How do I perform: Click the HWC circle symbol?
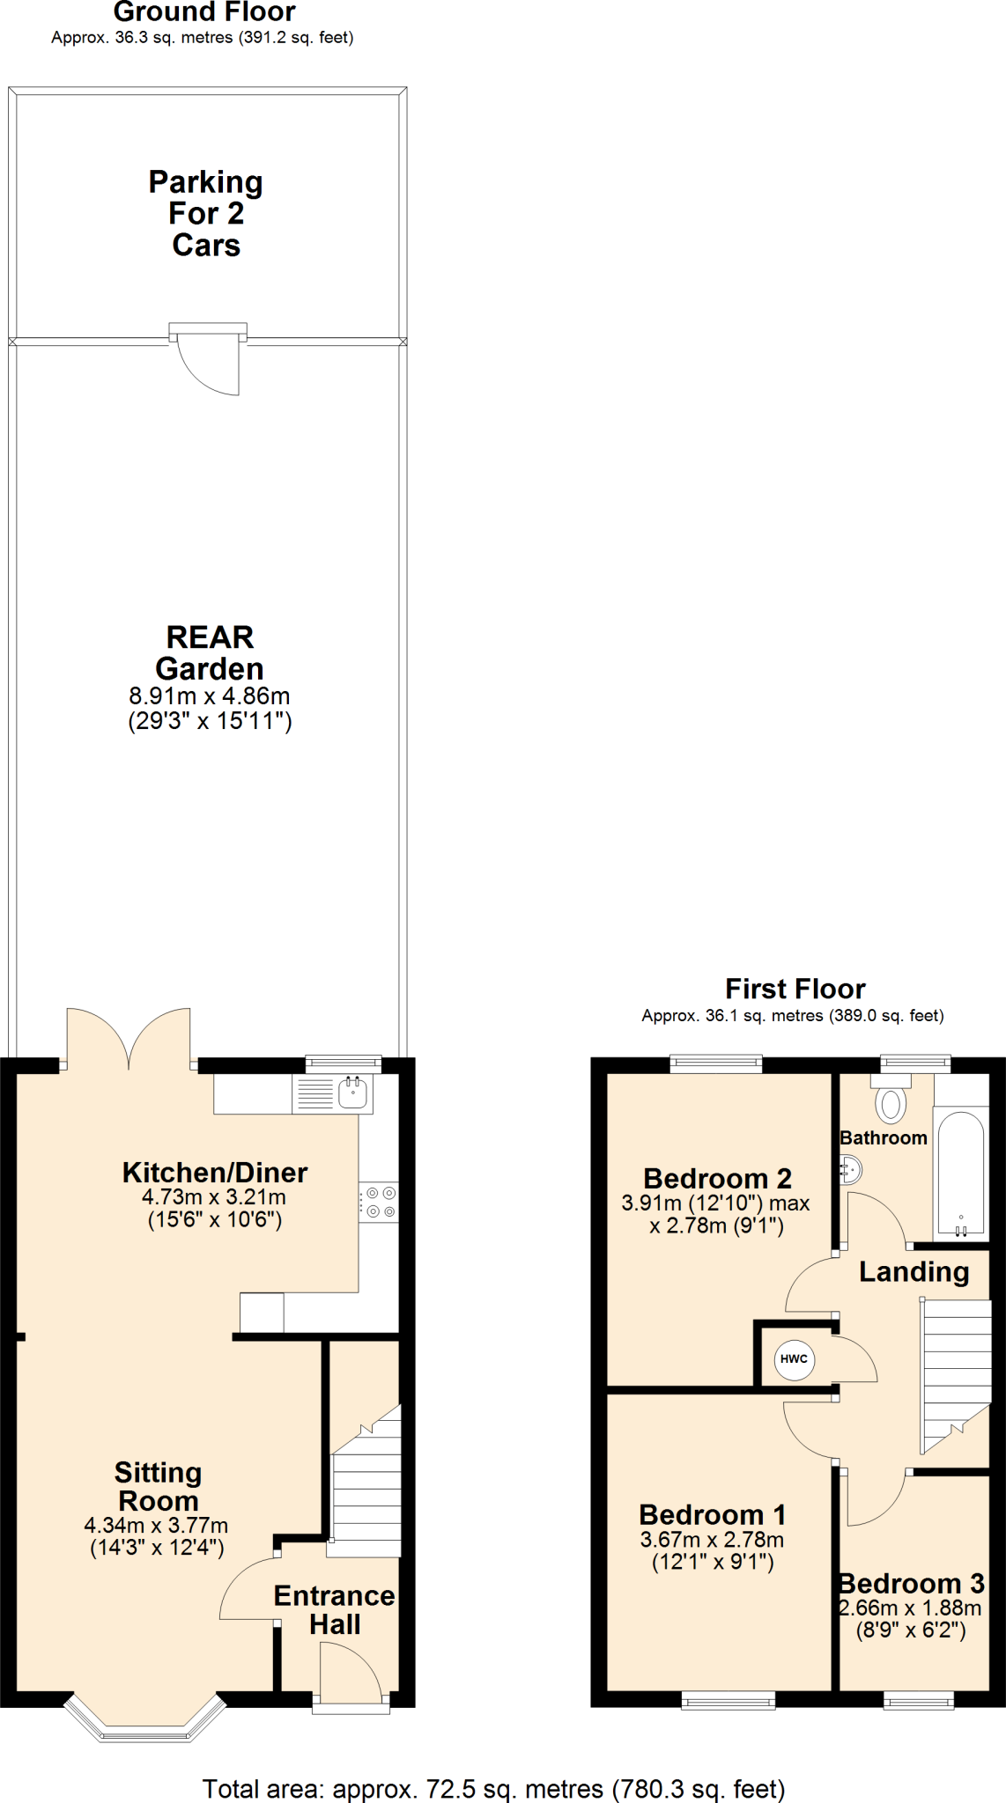(794, 1358)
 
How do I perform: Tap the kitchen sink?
(352, 1093)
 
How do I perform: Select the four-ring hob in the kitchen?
(379, 1202)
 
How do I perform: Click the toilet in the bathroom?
(891, 1100)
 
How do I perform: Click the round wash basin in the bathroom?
(851, 1170)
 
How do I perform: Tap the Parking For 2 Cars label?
(206, 213)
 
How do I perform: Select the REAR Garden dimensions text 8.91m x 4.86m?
(210, 695)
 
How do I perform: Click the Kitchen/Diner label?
(214, 1173)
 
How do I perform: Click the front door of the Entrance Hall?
(350, 1677)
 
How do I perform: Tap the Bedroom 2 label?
(717, 1178)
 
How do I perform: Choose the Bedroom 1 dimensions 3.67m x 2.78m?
(712, 1540)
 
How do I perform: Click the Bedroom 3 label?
(911, 1584)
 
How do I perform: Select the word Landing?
(914, 1271)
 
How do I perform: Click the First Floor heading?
(795, 989)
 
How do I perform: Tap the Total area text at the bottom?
(493, 1789)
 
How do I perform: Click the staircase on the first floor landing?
(955, 1373)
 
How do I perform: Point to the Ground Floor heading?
(204, 12)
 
